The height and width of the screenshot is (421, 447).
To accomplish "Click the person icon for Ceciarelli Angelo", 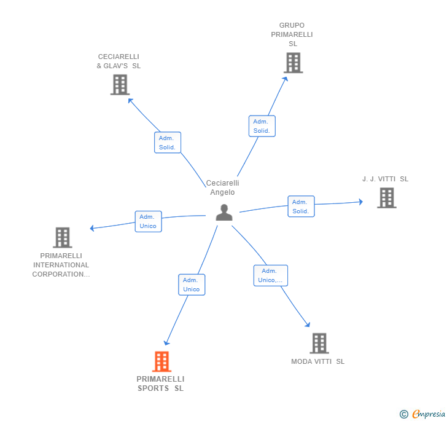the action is tap(224, 213).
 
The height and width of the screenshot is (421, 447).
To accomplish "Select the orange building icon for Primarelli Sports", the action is tap(161, 361).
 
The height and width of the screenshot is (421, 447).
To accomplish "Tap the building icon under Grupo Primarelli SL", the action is tap(293, 63).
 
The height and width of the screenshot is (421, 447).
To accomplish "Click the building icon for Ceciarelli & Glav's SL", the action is tap(120, 85).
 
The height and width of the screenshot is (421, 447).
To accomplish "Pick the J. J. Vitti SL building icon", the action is tap(387, 198).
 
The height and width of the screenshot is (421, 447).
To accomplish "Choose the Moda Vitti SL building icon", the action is tap(319, 343).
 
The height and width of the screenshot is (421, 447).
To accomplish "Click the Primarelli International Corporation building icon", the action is tap(63, 237).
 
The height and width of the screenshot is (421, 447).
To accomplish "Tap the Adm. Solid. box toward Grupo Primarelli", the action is tap(262, 126).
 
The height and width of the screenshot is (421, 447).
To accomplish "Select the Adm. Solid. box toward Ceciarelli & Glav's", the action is tap(168, 143).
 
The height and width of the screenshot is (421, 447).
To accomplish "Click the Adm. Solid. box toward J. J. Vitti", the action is tap(301, 207).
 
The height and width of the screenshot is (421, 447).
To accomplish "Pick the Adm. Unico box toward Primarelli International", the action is tap(148, 221).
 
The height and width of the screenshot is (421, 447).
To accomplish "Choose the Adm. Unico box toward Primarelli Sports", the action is tap(192, 285).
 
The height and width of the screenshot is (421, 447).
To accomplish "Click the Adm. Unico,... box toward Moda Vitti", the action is tap(271, 275).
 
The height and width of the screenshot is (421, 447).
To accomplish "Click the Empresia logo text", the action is tap(429, 414).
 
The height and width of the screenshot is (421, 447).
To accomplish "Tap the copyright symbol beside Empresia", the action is tap(403, 414).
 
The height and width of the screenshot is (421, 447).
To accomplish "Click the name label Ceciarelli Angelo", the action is tap(222, 187).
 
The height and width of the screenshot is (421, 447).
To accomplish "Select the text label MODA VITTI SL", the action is tap(317, 361).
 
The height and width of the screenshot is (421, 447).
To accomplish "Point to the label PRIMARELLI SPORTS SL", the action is tap(160, 384).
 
